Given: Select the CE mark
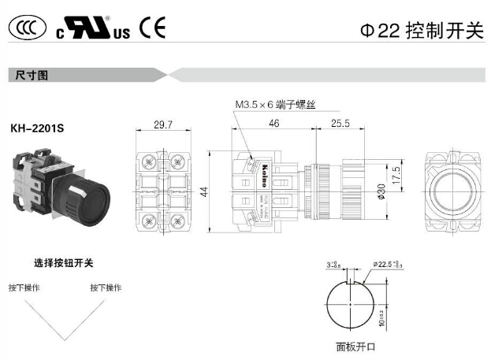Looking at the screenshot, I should click(x=153, y=28).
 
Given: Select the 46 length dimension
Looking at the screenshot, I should click(x=274, y=124).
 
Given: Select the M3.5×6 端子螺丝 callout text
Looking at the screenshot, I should click(x=274, y=104).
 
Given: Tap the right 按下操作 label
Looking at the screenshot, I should click(x=106, y=288).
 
